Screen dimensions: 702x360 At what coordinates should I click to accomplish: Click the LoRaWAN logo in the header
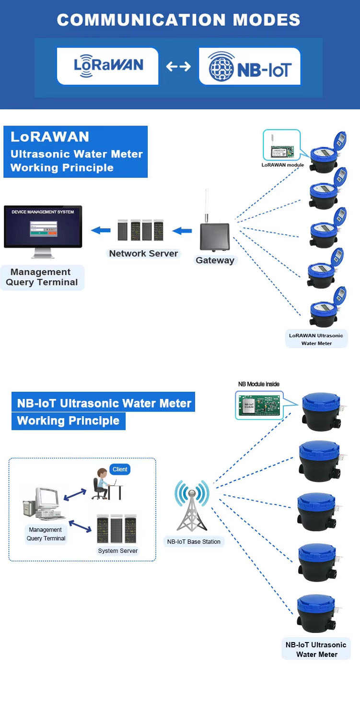click(108, 66)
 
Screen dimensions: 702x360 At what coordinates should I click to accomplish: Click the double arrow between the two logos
click(178, 67)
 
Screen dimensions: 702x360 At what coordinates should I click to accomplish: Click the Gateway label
click(215, 260)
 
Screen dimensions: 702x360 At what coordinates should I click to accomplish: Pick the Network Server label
click(143, 254)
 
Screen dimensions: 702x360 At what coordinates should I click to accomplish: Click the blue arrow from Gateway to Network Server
click(182, 231)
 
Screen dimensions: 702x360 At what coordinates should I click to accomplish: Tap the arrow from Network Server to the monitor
click(101, 231)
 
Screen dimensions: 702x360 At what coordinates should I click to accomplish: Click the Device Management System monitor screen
click(43, 225)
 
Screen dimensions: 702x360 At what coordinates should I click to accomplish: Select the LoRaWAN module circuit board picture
click(281, 145)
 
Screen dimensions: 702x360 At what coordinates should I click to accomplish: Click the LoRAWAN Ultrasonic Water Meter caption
click(316, 339)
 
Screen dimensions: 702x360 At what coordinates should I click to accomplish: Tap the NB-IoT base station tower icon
click(192, 508)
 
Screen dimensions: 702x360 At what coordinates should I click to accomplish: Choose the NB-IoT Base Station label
click(194, 542)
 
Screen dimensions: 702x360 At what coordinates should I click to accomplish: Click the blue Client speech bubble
click(120, 469)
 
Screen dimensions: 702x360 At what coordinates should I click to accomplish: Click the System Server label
click(118, 551)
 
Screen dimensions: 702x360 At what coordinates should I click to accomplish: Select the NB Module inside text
click(259, 384)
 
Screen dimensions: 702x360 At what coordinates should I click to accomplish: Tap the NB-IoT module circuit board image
click(259, 405)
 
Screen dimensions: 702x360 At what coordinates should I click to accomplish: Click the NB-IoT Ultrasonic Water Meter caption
click(316, 649)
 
